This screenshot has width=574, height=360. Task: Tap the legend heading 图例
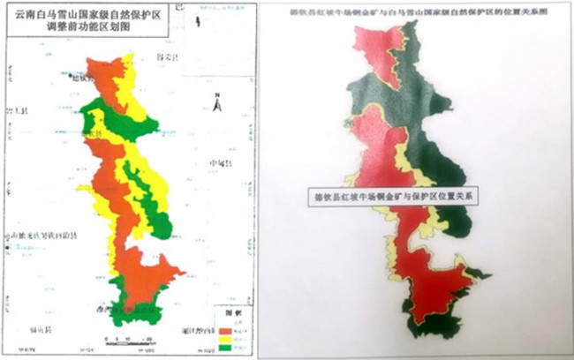pos(227,311)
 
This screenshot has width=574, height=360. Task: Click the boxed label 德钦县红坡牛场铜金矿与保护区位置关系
pos(389,196)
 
